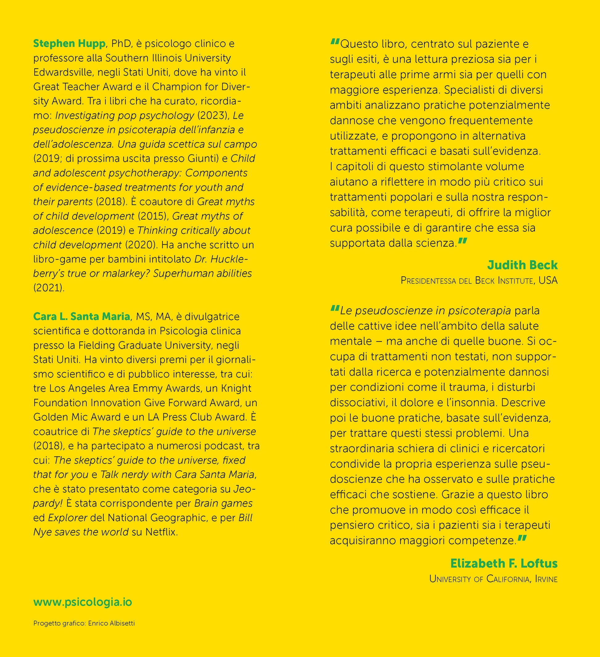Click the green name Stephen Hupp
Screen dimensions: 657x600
point(69,43)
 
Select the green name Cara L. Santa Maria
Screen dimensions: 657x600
point(81,316)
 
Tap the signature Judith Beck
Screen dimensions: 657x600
point(522,265)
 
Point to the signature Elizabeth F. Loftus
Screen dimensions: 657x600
point(504,563)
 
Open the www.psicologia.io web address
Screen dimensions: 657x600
point(83,602)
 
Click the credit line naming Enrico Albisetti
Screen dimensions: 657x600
point(84,623)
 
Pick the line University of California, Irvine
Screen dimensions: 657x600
point(493,579)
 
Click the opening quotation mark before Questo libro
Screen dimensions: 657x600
point(335,42)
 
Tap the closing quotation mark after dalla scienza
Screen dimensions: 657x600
point(462,242)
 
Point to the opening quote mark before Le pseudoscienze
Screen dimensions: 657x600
point(335,308)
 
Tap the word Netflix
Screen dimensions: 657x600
point(162,532)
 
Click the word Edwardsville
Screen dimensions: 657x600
point(60,72)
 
